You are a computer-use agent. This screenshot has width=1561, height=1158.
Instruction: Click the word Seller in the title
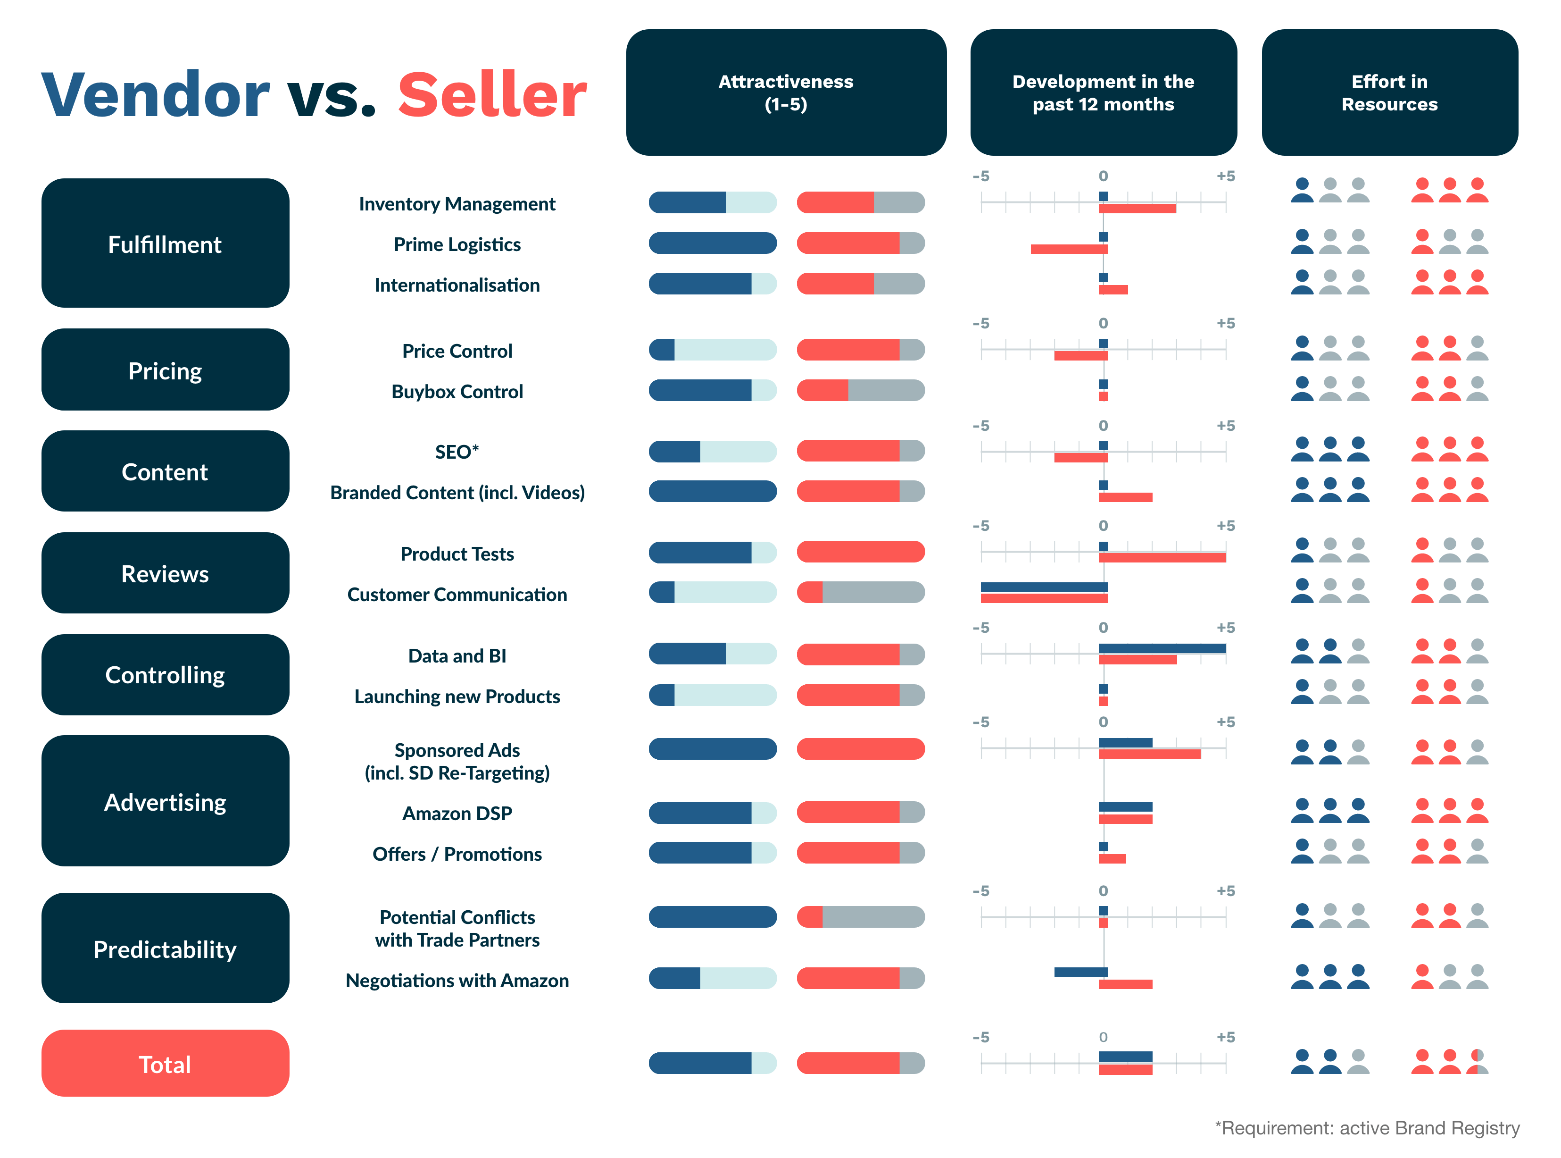pos(492,95)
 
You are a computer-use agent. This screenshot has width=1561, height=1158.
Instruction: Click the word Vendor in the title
pos(156,95)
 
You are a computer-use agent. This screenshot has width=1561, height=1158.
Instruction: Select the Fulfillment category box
pos(166,243)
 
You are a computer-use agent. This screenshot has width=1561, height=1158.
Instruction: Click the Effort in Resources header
pos(1389,92)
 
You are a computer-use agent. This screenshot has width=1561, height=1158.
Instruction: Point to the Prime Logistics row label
pos(457,244)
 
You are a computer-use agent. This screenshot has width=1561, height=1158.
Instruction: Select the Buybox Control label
pos(457,392)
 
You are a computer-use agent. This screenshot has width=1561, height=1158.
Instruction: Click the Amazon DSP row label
pos(457,813)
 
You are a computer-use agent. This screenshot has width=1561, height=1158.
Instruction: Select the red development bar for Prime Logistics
pos(1069,249)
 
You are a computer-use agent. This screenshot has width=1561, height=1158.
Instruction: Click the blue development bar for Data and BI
pos(1162,648)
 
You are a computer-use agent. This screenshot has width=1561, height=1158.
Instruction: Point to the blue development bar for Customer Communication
pos(1044,587)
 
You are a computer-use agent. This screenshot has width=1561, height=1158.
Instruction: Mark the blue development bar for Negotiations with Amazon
pos(1080,972)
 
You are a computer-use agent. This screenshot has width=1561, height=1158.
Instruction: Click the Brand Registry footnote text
pos(1367,1128)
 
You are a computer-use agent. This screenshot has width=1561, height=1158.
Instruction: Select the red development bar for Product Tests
pos(1162,558)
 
